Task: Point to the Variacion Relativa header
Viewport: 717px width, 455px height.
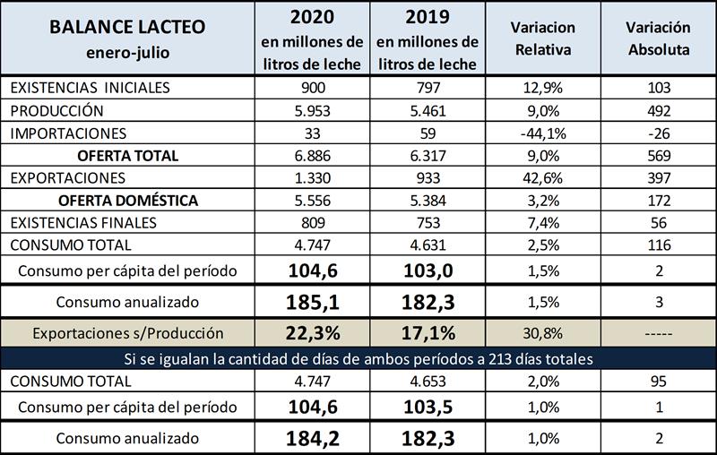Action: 544,39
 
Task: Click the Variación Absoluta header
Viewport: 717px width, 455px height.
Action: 658,39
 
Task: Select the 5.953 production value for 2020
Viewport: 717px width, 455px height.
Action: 311,110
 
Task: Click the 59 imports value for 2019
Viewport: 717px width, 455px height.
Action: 428,133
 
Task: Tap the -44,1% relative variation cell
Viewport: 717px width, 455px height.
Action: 544,133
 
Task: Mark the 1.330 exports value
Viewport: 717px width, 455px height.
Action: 311,177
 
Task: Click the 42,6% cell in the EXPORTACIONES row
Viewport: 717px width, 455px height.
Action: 544,177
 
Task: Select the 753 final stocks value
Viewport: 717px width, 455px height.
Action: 428,222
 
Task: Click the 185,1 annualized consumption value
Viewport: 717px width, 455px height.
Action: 311,301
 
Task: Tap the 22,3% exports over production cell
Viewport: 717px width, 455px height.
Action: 311,333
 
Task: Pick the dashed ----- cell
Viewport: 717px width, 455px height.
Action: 658,333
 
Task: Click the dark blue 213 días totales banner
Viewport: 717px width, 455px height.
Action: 358,358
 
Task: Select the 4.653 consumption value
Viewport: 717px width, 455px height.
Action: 428,380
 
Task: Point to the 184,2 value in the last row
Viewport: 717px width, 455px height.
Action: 311,438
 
